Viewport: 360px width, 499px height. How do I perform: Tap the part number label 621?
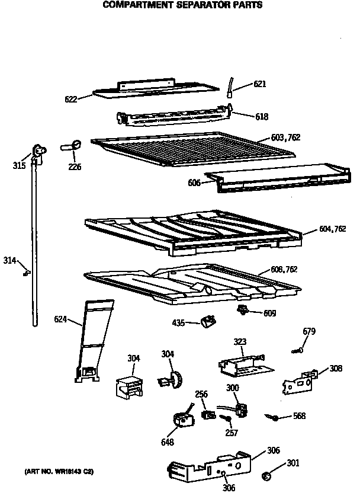(260, 84)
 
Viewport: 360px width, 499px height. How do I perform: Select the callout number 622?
(72, 99)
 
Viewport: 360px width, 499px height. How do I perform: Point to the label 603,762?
(286, 137)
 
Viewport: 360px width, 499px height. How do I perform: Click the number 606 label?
(195, 183)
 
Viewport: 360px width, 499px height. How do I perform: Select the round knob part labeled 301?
(266, 475)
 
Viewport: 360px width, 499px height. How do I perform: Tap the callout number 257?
(232, 433)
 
